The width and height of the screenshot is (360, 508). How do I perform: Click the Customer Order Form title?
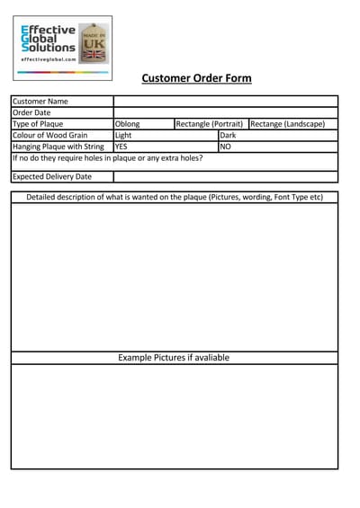[196, 78]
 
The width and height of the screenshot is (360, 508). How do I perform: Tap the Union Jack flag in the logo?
[94, 54]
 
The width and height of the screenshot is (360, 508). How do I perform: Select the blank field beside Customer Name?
[225, 102]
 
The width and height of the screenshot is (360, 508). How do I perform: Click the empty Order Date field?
[225, 112]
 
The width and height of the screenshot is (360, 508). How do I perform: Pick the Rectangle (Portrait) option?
[209, 124]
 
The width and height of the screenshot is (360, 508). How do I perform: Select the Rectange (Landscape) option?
[287, 124]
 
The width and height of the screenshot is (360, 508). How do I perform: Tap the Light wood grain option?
[124, 135]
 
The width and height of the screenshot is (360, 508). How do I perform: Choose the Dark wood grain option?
[228, 135]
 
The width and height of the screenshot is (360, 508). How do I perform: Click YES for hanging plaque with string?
[121, 146]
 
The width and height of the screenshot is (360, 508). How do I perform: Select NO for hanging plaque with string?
[226, 146]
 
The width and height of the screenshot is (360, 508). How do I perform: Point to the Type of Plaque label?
[39, 124]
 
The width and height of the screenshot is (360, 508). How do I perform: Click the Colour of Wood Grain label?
[50, 135]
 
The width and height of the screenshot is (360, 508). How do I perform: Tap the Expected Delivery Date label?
[52, 176]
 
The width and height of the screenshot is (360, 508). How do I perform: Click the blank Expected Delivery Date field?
[225, 176]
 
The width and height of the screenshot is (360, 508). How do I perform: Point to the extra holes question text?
[107, 157]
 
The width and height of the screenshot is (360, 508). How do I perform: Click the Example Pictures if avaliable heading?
[174, 357]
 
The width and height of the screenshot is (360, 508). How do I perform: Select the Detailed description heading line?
[175, 197]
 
